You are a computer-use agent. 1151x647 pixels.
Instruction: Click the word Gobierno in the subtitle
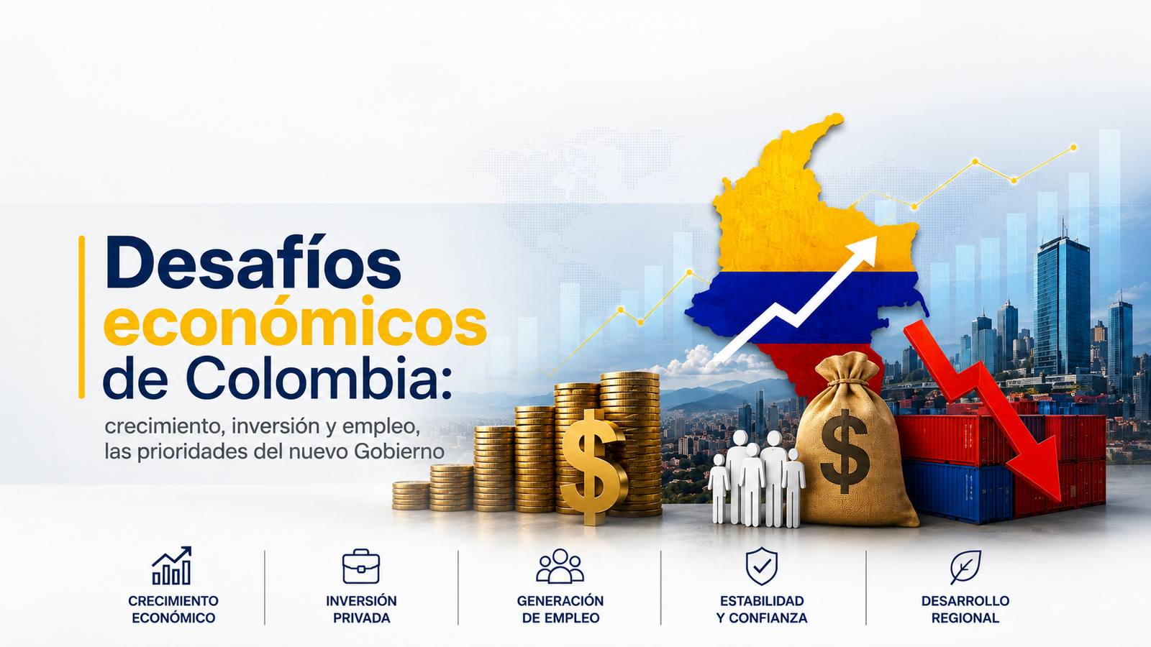[399, 452]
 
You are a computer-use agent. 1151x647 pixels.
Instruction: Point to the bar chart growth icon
[172, 565]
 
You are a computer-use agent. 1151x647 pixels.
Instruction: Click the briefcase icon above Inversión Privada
[360, 566]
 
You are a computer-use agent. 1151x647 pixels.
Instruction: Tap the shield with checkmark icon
[761, 566]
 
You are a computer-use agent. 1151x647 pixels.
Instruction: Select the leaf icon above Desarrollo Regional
[965, 567]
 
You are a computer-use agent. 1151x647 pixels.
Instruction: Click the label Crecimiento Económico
[173, 609]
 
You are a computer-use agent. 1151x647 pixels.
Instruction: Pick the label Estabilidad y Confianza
[762, 609]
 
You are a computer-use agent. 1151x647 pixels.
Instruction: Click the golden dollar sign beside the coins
[593, 467]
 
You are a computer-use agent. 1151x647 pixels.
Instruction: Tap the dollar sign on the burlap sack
[845, 451]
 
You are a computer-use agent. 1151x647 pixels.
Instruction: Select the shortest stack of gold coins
[411, 495]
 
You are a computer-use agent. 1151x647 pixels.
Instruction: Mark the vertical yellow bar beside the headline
[81, 317]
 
